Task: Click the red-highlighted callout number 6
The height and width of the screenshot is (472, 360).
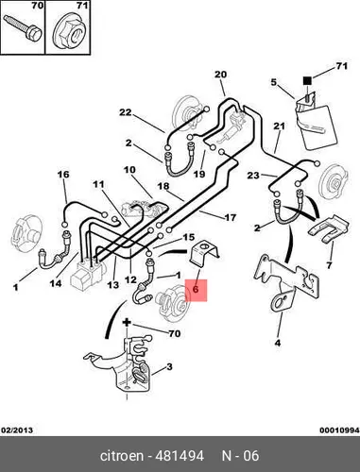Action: tap(196, 290)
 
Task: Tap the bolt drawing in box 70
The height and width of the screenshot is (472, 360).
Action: tap(23, 28)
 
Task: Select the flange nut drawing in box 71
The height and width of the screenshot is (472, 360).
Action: tap(70, 33)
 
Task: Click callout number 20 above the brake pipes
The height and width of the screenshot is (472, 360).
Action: tap(220, 75)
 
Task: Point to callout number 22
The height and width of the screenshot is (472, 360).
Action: tap(125, 112)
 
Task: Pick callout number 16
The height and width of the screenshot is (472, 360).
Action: tap(63, 175)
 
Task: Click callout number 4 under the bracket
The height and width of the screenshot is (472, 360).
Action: tap(278, 343)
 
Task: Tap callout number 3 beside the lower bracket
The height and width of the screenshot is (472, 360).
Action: tap(169, 366)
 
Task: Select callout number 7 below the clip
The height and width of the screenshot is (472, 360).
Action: tap(329, 265)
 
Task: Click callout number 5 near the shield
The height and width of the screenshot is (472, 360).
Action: tap(274, 82)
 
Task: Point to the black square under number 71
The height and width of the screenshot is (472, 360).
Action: tap(307, 81)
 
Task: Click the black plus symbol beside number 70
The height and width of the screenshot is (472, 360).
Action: tap(127, 322)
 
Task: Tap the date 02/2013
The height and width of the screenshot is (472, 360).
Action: tap(17, 430)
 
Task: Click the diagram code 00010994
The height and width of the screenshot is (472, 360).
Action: tap(339, 430)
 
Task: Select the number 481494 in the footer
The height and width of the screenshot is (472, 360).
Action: tap(180, 456)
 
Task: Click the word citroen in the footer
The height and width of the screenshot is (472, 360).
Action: tap(121, 456)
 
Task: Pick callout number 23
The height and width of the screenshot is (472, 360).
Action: tap(253, 176)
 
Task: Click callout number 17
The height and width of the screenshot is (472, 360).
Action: tap(231, 217)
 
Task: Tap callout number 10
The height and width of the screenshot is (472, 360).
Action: tap(129, 170)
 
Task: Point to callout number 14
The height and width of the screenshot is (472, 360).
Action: tap(56, 283)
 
